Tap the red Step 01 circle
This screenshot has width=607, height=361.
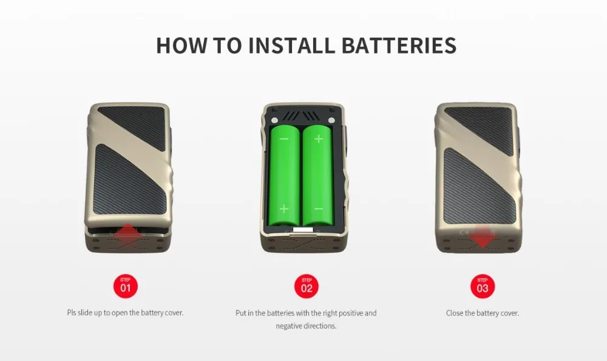pyautogui.click(x=126, y=286)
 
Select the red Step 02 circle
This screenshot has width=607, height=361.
pyautogui.click(x=307, y=286)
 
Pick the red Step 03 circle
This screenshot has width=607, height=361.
pyautogui.click(x=483, y=286)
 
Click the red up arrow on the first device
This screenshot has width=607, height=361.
pyautogui.click(x=127, y=234)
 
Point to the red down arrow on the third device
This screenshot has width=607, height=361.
pyautogui.click(x=483, y=237)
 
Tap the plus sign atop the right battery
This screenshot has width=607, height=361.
pyautogui.click(x=318, y=139)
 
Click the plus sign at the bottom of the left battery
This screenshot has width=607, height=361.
pyautogui.click(x=285, y=209)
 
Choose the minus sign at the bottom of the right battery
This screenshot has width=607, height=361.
pyautogui.click(x=318, y=209)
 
